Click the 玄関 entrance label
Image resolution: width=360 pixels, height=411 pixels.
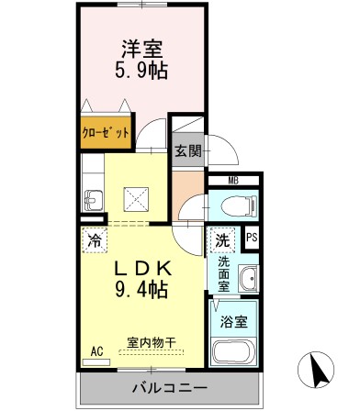[x=188, y=150]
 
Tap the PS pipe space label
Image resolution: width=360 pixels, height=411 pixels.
[x=252, y=239]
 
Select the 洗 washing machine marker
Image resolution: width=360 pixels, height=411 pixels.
[x=221, y=239]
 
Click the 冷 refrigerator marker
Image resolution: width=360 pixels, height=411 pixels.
[x=96, y=241]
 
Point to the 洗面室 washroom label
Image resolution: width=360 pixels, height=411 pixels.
[x=223, y=272]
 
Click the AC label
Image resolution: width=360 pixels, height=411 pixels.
[x=97, y=350]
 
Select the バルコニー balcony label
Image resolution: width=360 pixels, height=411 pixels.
[x=161, y=386]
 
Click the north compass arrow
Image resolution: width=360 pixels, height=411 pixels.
[x=321, y=370]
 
